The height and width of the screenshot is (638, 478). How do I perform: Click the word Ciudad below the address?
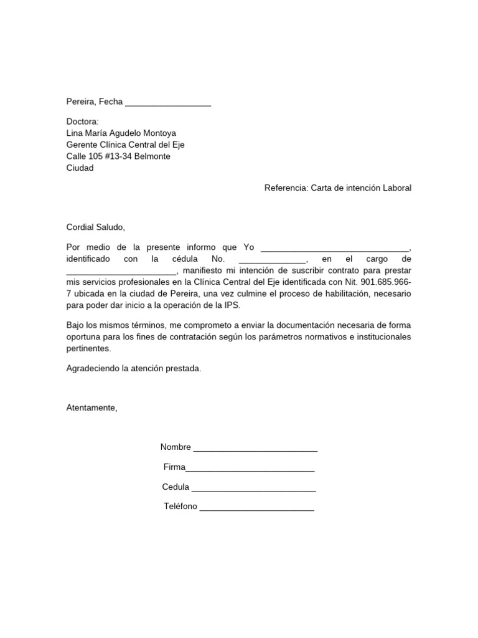point(80,168)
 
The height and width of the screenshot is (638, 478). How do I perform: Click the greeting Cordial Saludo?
point(96,227)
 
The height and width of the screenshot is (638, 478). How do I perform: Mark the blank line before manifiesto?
point(121,272)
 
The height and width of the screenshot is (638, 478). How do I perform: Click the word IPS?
point(231,305)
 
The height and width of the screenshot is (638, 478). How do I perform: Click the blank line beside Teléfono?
point(256,508)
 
